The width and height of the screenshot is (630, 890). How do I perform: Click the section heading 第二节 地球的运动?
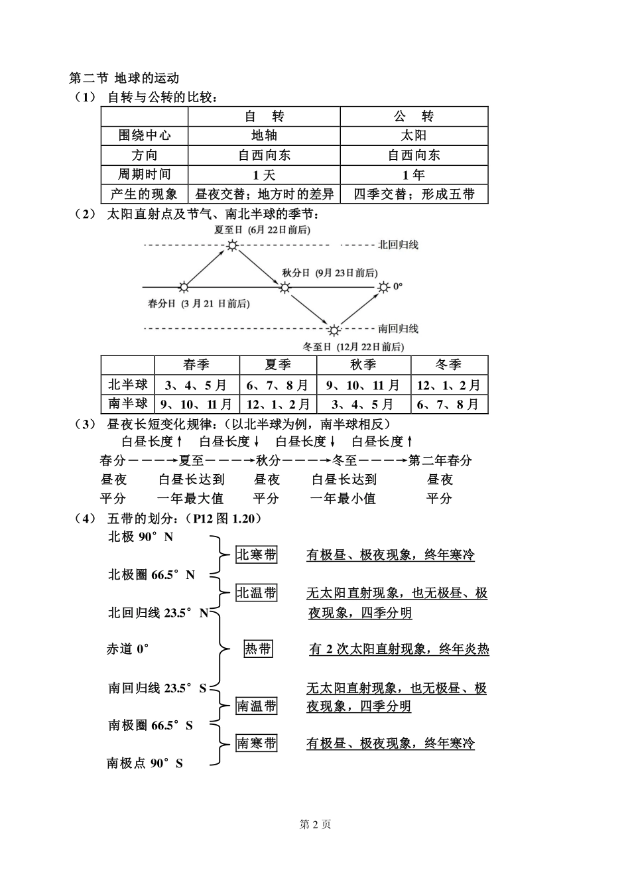pyautogui.click(x=124, y=78)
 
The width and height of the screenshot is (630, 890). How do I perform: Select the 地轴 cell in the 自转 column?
pyautogui.click(x=264, y=136)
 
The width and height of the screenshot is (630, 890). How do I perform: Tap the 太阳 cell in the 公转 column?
pyautogui.click(x=414, y=136)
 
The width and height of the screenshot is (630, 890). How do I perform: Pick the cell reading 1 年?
pyautogui.click(x=414, y=175)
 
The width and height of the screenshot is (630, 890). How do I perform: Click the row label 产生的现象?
pyautogui.click(x=145, y=194)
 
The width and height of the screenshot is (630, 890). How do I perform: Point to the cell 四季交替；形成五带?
pyautogui.click(x=414, y=194)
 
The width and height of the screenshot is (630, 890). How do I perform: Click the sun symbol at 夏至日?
pyautogui.click(x=232, y=245)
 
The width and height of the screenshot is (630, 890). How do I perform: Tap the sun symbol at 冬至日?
pyautogui.click(x=334, y=330)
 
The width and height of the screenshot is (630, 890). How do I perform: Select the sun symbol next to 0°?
pyautogui.click(x=383, y=287)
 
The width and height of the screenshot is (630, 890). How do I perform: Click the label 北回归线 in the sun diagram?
pyautogui.click(x=398, y=245)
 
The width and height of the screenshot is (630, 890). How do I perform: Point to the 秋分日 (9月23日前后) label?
pyautogui.click(x=329, y=273)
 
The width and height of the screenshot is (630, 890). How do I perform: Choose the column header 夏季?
pyautogui.click(x=278, y=365)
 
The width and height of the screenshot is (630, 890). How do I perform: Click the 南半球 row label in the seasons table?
pyautogui.click(x=127, y=404)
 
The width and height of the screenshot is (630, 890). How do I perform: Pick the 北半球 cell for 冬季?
pyautogui.click(x=449, y=385)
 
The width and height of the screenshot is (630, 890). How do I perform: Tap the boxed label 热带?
pyautogui.click(x=258, y=649)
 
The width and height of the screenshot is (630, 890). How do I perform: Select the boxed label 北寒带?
pyautogui.click(x=257, y=555)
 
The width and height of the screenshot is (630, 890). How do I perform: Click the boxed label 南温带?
pyautogui.click(x=257, y=706)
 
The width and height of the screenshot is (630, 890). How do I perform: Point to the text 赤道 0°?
pyautogui.click(x=127, y=649)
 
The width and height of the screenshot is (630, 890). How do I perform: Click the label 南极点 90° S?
pyautogui.click(x=145, y=763)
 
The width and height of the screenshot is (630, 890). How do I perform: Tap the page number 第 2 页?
pyautogui.click(x=315, y=824)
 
